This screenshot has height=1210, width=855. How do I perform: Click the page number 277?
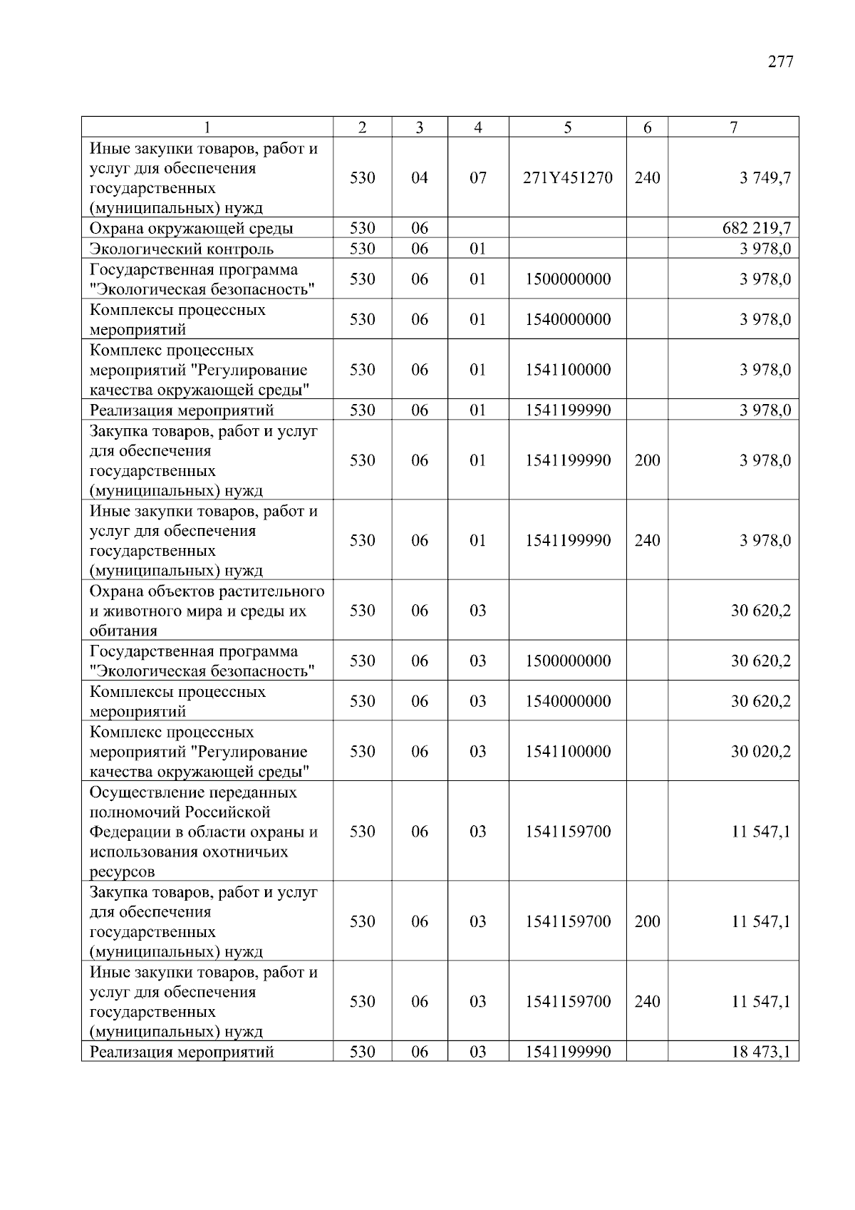click(780, 62)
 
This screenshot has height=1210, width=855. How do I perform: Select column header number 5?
click(567, 128)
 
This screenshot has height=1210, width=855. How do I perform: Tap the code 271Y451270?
click(567, 177)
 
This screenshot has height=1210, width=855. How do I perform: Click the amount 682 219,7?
click(756, 228)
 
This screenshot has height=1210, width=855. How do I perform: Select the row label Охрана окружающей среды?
click(191, 228)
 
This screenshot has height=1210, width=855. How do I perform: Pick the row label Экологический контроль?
click(181, 249)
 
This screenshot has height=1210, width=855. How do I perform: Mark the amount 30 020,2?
click(760, 752)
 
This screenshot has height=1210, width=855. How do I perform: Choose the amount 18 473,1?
click(760, 1052)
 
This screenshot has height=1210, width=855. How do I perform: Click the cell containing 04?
click(420, 177)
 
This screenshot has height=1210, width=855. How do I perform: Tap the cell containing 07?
click(477, 177)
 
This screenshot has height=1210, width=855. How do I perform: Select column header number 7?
click(733, 128)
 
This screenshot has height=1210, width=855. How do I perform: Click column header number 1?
click(207, 128)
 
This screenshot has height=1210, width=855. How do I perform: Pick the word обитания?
click(123, 631)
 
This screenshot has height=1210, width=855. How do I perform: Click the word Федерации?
click(127, 832)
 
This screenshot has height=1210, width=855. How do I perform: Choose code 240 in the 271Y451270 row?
click(647, 177)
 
